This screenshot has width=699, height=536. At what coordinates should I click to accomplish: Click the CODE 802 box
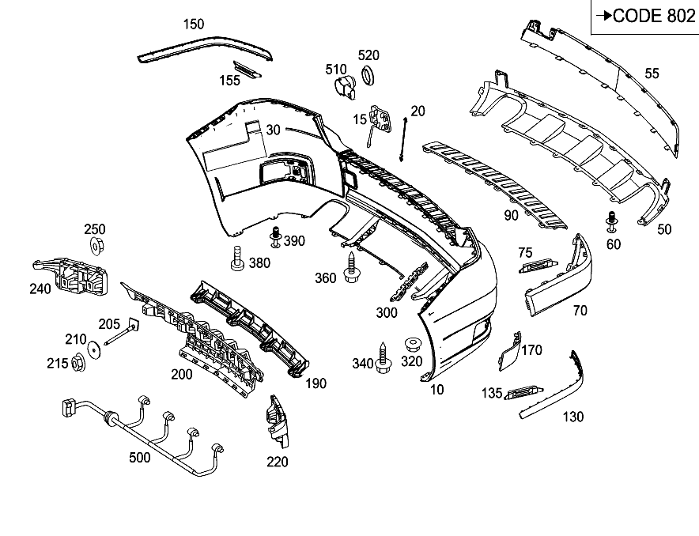point(645,17)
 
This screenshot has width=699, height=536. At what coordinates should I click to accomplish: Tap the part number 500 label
point(139,458)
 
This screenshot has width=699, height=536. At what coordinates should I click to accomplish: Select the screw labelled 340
point(383,358)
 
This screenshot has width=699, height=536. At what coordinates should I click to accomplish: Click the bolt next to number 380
point(237,259)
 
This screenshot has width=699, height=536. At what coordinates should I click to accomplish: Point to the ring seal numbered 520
point(368,75)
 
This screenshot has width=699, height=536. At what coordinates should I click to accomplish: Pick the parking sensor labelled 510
point(345,87)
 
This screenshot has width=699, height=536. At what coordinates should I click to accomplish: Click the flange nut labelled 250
point(96,246)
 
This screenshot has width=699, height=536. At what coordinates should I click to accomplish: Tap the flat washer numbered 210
point(95,349)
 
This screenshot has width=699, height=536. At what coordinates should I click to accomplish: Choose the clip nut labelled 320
point(413,345)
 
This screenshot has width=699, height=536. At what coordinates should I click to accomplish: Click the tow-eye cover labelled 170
point(509,351)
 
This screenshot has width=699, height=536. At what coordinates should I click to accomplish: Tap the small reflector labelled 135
point(523,393)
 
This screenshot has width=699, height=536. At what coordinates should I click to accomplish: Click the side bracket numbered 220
point(278,421)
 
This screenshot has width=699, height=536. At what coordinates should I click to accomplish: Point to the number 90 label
point(511,216)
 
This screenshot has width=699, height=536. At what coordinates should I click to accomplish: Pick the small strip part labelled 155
point(247,69)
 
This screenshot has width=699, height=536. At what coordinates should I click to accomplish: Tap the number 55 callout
point(652,74)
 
